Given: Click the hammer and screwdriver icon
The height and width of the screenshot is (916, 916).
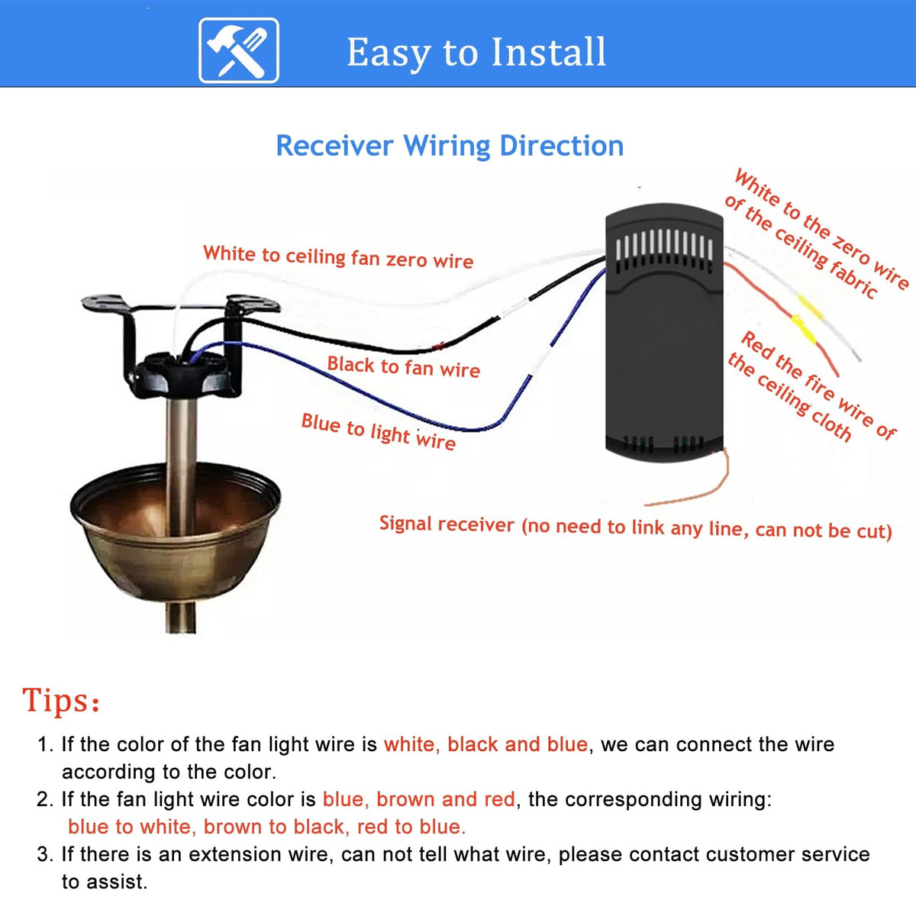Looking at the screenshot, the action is [239, 50].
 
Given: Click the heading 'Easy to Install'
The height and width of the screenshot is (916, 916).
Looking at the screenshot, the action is [476, 53].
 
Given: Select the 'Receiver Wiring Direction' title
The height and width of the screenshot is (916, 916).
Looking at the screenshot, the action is [450, 146].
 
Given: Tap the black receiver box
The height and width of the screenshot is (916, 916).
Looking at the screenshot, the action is [664, 333].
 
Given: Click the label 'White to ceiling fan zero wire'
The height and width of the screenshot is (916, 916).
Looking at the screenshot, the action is [338, 257].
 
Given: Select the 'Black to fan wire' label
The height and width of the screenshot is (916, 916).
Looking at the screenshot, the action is [404, 367].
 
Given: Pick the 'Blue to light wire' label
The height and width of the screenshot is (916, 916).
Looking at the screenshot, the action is [379, 431].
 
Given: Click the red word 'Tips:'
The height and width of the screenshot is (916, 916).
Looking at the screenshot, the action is [61, 700].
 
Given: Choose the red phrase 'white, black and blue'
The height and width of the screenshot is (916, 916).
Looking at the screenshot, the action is [485, 744].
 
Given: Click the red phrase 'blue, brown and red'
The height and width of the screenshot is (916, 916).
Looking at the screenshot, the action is [419, 799].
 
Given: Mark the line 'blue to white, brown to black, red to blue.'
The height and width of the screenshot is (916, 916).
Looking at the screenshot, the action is [266, 827].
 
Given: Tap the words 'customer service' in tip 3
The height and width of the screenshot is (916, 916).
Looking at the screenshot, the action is [788, 854].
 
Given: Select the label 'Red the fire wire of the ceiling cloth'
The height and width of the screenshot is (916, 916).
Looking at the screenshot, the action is [812, 386].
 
